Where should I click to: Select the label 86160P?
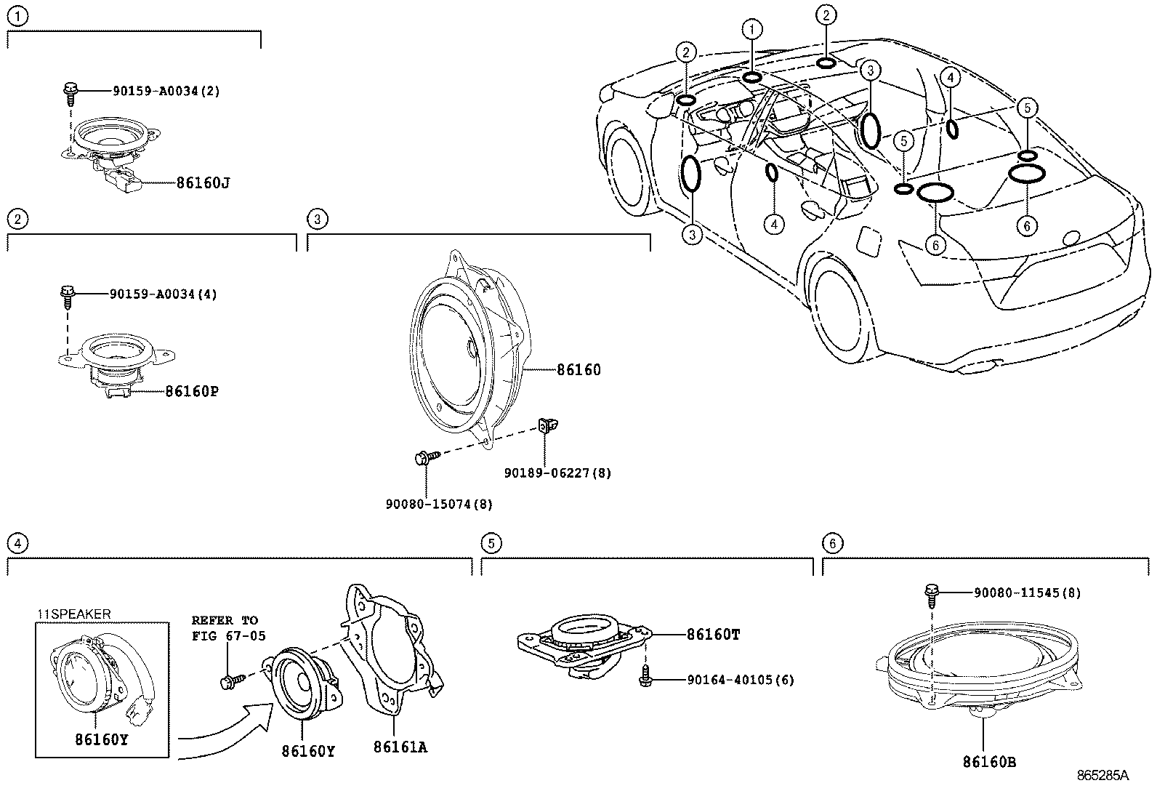191,392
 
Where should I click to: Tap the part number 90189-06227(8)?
557,473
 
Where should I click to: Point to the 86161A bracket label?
400,747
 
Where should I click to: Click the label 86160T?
713,635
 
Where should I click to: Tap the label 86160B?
989,762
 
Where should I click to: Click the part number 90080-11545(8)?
1027,593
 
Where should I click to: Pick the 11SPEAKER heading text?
74,614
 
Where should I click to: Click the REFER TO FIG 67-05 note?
228,628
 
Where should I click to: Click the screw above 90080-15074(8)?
426,458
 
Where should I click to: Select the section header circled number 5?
491,542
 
